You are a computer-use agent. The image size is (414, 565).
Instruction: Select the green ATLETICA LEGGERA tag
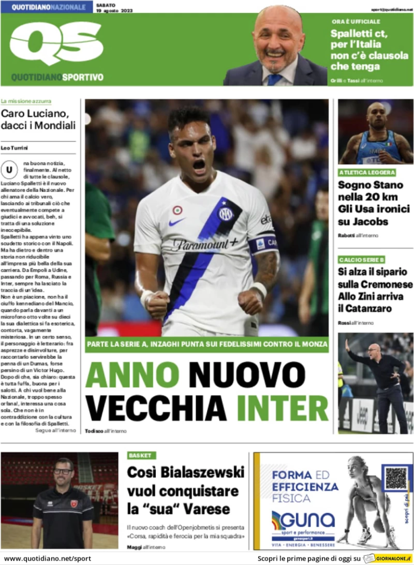point(367,172)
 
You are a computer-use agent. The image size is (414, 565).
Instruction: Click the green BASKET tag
point(141,455)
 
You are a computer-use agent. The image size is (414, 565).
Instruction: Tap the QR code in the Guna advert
point(396,478)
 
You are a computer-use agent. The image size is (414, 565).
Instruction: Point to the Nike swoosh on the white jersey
point(176,222)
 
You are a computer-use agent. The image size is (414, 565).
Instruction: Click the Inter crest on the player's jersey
point(225,214)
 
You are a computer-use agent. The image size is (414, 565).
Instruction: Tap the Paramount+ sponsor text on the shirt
point(205,244)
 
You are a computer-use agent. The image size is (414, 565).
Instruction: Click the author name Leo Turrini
point(15,148)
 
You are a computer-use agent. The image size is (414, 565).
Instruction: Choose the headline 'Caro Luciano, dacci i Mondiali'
point(38,120)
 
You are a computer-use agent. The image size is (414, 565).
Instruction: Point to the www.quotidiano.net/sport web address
point(47,559)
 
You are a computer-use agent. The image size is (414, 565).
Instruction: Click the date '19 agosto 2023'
point(114,10)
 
